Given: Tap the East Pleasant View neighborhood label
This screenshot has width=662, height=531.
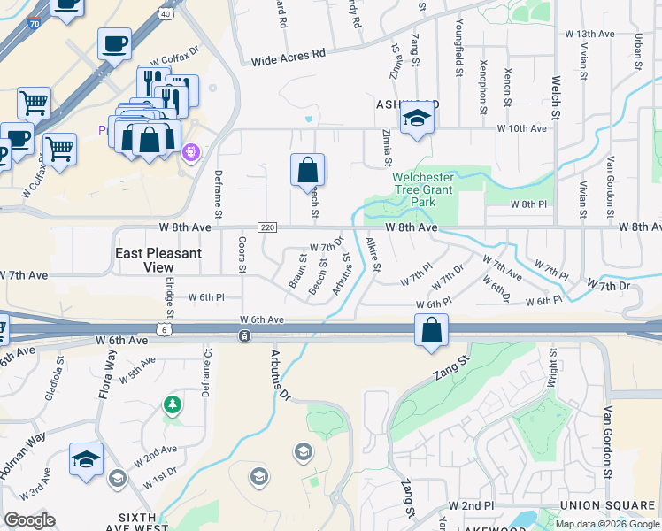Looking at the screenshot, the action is tap(159, 260).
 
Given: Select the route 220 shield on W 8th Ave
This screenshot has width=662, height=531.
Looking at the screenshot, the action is tap(269, 227).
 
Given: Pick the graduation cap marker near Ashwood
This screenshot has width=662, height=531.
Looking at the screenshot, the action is tap(416, 119).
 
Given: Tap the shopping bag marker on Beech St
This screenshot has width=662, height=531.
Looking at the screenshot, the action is tap(307, 170).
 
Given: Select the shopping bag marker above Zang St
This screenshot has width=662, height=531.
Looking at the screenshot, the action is tap(431, 331).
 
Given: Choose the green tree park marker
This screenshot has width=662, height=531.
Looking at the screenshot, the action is tap(173, 405).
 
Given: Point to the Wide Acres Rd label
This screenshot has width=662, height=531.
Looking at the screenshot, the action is tap(289, 56).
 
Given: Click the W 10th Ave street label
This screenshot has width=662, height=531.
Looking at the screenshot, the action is tap(521, 128).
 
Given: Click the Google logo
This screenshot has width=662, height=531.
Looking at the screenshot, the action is tap(29, 520).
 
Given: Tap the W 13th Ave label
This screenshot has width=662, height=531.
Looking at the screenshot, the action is tap(594, 34).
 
